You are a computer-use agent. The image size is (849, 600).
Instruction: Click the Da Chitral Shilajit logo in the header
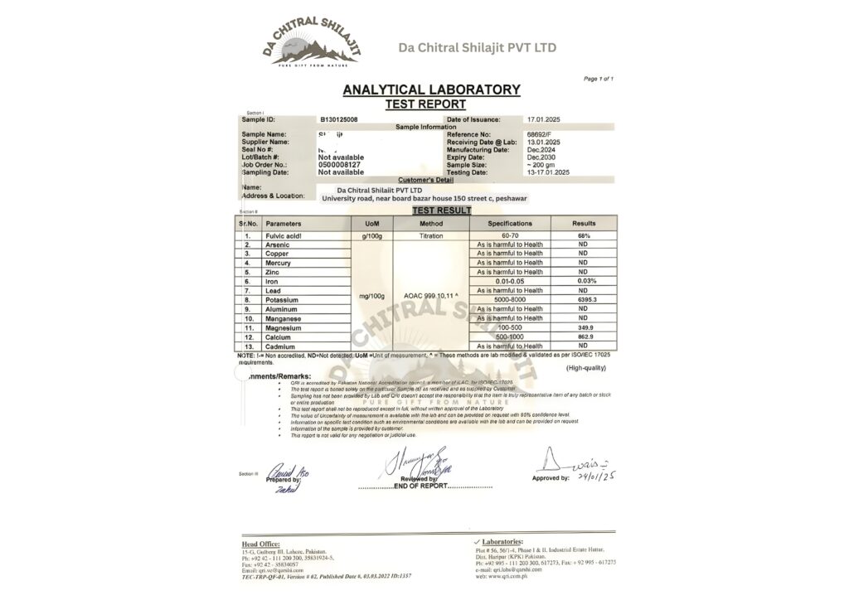[313, 42]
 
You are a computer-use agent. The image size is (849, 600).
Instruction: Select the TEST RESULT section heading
[441, 210]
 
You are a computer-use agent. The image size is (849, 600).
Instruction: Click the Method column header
[431, 224]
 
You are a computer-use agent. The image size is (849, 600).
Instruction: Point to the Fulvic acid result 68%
[583, 236]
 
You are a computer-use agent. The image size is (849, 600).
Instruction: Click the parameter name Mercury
[279, 263]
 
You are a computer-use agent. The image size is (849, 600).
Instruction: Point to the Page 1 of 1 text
[599, 79]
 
